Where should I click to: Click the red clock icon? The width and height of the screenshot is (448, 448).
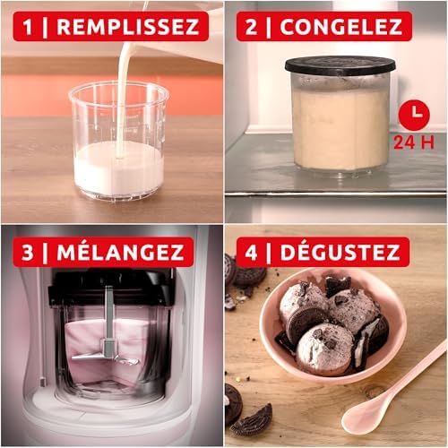pyautogui.click(x=414, y=114)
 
